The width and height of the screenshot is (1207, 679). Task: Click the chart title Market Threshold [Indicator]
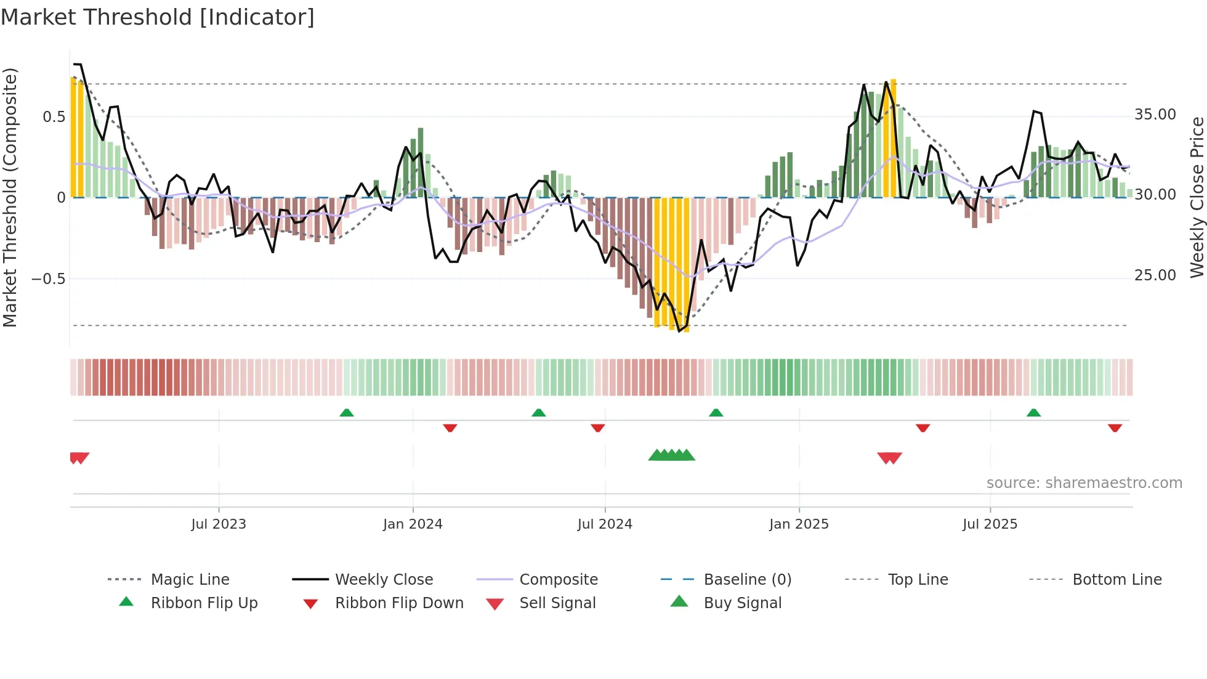point(158,17)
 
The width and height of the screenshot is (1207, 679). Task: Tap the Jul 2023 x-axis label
point(219,524)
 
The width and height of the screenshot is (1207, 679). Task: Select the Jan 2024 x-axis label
point(413,524)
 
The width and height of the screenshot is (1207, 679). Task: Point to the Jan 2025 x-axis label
point(799,524)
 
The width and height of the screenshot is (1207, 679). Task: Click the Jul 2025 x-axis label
point(990,524)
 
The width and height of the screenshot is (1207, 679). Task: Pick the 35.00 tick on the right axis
point(1155,115)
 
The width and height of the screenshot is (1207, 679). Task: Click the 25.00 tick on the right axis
point(1155,275)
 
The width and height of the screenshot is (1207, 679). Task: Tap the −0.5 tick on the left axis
point(49,279)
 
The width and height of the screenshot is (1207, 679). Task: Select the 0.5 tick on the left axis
point(54,117)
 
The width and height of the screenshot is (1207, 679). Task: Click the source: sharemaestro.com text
point(1084,483)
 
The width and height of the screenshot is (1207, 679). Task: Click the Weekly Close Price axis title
point(1197,197)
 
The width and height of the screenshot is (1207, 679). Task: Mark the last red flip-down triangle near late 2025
point(1115,428)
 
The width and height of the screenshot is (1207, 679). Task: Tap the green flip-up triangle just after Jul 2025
point(1033,413)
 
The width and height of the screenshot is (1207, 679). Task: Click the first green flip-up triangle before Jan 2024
point(347,413)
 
